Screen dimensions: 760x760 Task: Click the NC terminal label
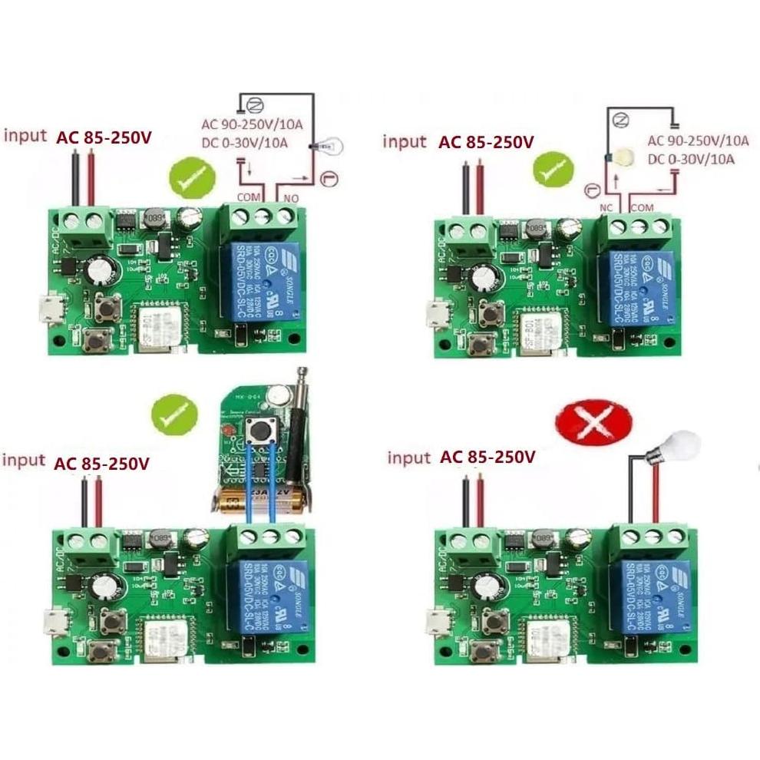(x=606, y=208)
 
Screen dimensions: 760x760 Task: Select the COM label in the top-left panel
(x=249, y=197)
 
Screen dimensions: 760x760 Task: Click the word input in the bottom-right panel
(x=408, y=458)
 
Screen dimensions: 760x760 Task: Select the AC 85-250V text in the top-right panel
(x=485, y=142)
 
